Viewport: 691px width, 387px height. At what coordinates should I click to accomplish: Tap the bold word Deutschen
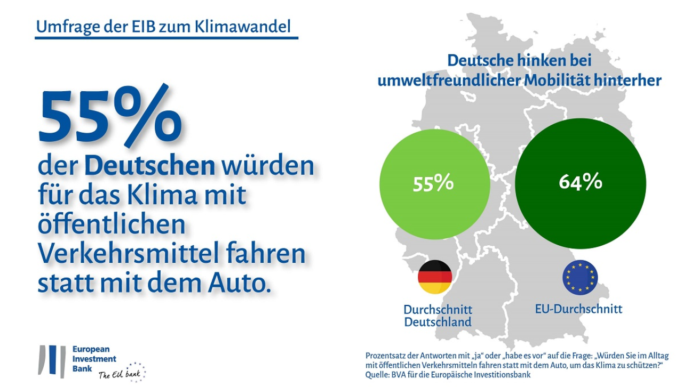click(x=149, y=166)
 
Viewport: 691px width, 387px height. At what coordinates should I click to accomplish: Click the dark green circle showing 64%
click(x=581, y=183)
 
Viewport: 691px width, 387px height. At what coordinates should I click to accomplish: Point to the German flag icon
click(x=434, y=277)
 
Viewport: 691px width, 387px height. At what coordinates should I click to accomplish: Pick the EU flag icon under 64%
click(x=579, y=277)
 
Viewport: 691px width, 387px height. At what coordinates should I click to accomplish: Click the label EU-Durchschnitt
click(x=578, y=309)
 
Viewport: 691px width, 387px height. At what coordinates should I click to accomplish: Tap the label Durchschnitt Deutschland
click(x=438, y=316)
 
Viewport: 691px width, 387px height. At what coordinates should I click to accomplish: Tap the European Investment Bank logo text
click(x=94, y=359)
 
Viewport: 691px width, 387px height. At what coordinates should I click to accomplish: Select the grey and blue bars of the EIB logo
click(x=52, y=361)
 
